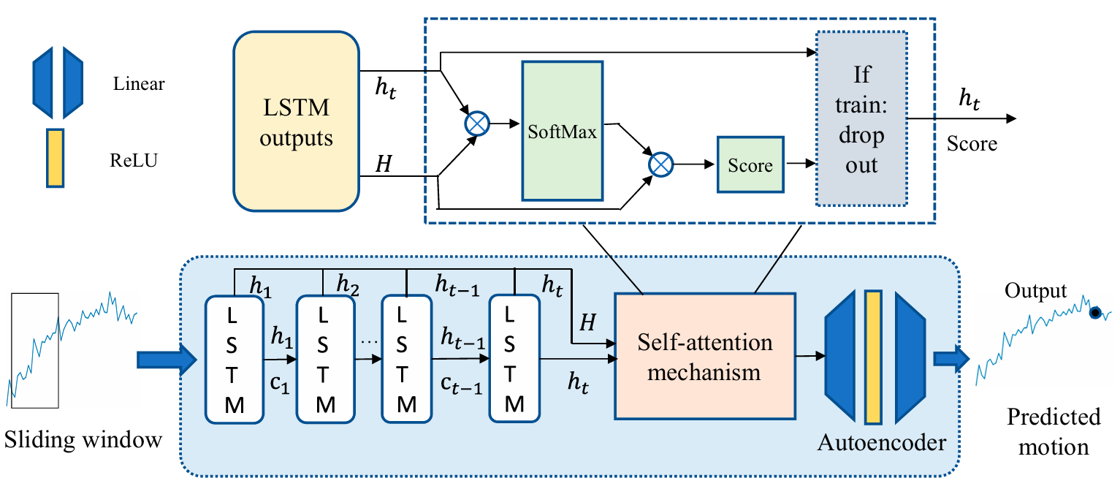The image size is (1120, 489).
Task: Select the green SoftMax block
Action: pos(562,131)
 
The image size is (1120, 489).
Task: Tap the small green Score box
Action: pos(750,166)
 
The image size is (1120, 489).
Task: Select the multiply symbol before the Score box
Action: pos(660,166)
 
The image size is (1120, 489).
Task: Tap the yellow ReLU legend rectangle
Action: pos(56,159)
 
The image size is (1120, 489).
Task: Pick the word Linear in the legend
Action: pos(139,84)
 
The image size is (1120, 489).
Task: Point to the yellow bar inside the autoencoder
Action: pos(872,357)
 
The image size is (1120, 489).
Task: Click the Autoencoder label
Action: pos(882,442)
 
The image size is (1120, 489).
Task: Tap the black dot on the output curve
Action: pos(1094,313)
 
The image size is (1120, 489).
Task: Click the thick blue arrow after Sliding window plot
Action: pos(167,359)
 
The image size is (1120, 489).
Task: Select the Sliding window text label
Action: pos(83,440)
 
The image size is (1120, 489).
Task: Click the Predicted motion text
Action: pos(1053,431)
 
